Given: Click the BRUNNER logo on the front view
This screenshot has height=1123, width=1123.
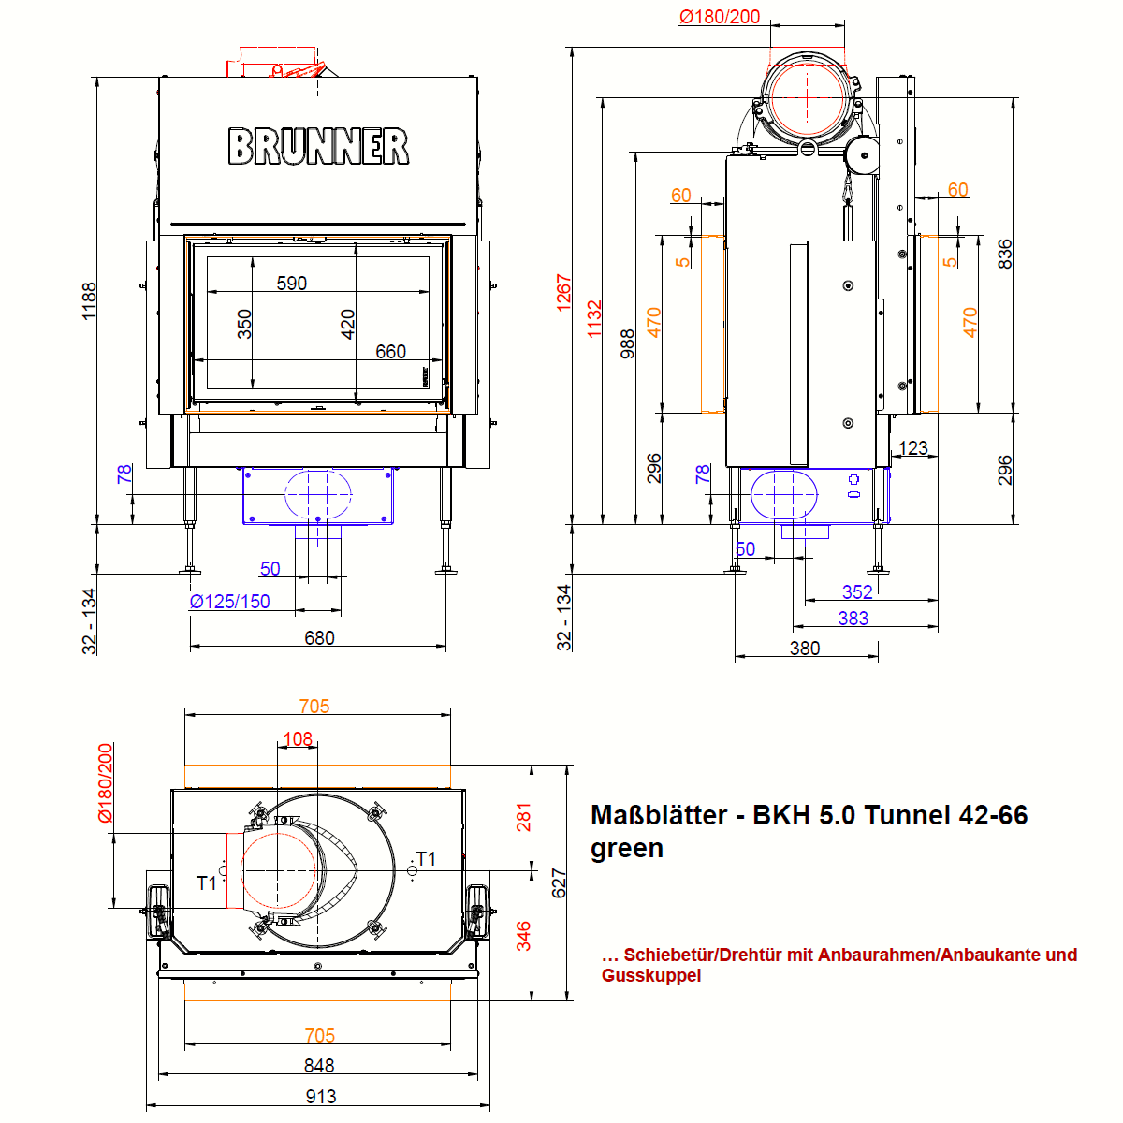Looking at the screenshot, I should click(x=318, y=147).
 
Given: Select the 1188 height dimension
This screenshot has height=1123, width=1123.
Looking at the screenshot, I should click(x=90, y=300).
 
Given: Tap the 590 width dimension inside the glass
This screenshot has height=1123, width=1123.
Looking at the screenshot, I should click(x=292, y=283).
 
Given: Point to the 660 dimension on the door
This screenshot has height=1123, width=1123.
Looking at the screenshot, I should click(x=391, y=351).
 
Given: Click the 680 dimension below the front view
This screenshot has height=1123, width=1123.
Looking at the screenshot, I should click(x=319, y=637).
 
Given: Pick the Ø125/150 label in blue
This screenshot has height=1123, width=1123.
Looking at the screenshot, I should click(x=229, y=602).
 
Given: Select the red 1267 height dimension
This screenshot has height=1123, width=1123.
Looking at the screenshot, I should click(x=563, y=293).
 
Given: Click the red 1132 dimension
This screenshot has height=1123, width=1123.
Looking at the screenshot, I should click(x=595, y=319).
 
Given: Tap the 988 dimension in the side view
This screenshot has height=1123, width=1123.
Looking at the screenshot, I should click(x=628, y=343).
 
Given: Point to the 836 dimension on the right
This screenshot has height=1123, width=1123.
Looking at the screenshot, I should click(x=1004, y=254).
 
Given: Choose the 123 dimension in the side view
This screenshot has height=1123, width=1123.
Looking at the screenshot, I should click(x=912, y=447).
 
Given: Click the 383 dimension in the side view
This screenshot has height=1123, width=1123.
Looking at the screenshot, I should click(x=853, y=618).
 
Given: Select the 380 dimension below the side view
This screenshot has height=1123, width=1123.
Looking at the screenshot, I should click(x=805, y=648).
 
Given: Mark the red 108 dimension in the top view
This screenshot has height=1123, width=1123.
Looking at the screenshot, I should click(x=298, y=739).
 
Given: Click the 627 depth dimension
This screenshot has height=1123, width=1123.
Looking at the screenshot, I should click(x=560, y=882).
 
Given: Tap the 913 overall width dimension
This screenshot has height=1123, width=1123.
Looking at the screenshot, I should click(x=321, y=1096).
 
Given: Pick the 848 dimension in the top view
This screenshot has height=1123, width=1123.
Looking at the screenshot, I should click(x=319, y=1065).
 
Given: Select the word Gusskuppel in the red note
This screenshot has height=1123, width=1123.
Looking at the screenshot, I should click(x=651, y=975).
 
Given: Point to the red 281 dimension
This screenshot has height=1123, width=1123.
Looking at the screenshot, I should click(x=524, y=817).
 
